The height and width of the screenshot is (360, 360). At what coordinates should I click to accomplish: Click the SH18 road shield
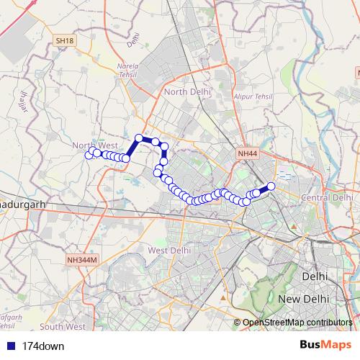tap(65, 41)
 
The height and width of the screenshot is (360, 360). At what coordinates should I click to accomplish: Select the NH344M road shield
tap(81, 259)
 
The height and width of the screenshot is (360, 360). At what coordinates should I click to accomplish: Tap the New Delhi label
tap(304, 298)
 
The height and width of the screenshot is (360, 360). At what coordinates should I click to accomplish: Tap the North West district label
tap(94, 145)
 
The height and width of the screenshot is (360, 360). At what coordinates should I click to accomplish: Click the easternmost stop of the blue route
tap(271, 186)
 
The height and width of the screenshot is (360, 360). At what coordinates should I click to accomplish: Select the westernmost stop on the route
tap(89, 155)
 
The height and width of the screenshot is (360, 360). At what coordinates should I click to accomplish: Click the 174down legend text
tap(43, 346)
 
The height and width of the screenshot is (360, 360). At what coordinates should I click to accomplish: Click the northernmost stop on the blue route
tap(140, 138)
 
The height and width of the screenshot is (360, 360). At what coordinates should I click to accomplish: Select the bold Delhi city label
tap(315, 276)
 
